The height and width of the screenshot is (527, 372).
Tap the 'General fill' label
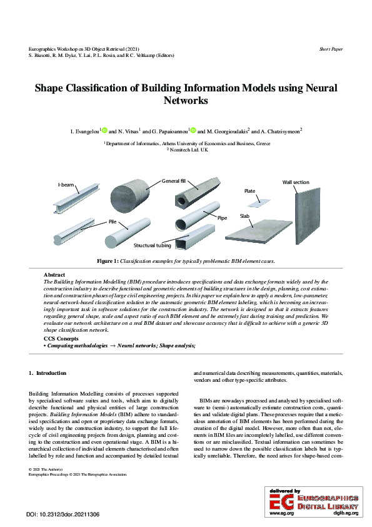(x=174, y=181)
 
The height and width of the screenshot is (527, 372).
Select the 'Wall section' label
(x=296, y=182)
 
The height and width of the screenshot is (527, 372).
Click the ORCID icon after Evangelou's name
(x=104, y=131)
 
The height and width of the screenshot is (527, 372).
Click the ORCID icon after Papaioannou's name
(x=193, y=131)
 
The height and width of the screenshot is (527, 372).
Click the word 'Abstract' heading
(x=54, y=275)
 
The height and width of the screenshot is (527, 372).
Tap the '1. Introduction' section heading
(x=48, y=373)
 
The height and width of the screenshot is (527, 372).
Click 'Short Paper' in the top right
(x=331, y=48)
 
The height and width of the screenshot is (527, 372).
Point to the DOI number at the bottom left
(x=63, y=514)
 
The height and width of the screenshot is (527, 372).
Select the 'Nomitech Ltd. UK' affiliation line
(x=186, y=151)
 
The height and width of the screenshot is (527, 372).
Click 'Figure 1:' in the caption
(x=107, y=260)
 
